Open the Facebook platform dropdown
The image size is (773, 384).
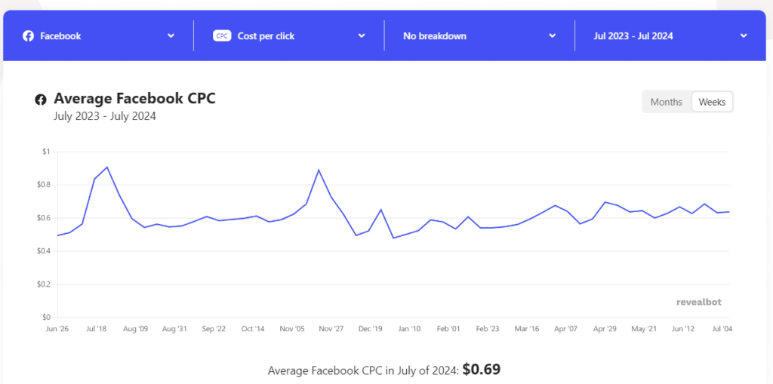98,35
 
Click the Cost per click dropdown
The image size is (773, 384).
289,35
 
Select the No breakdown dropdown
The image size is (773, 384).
479,35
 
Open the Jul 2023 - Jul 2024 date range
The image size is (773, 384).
670,35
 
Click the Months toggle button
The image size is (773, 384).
666,102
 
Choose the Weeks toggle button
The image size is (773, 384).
712,102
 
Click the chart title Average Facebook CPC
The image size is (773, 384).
134,99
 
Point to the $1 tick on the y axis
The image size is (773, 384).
46,152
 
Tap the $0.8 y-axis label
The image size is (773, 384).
43,185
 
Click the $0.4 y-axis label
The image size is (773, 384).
43,251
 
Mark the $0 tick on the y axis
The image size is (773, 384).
46,317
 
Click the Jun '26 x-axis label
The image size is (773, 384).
57,329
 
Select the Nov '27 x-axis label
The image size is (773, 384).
331,329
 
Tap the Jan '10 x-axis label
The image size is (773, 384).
409,329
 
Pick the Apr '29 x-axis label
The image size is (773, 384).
605,329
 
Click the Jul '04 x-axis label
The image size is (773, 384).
722,329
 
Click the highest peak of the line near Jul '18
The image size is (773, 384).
107,167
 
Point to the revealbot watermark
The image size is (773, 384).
698,302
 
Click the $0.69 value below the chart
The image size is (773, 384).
482,370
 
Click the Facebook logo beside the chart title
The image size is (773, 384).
41,100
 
